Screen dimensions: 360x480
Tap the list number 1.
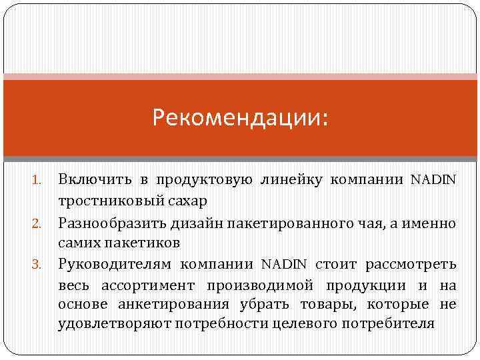(x=38, y=180)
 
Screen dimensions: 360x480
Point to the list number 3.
(x=38, y=264)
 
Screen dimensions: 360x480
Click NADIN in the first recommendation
(x=434, y=179)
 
